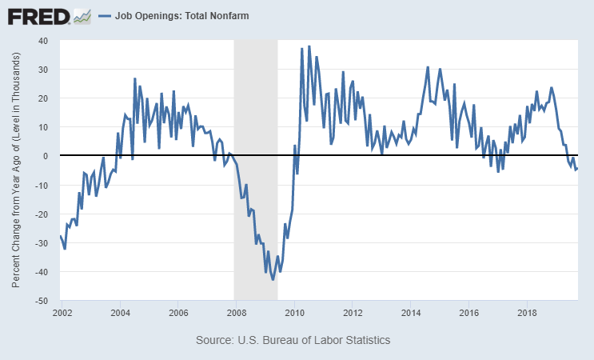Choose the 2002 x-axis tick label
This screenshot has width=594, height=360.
(62, 312)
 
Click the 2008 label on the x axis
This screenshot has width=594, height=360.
(237, 312)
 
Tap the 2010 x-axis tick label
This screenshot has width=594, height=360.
(295, 312)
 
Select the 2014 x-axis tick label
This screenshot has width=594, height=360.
(411, 312)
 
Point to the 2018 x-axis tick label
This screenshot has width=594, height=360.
(527, 312)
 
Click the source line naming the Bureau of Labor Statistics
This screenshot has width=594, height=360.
(293, 340)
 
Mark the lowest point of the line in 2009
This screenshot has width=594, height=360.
(273, 279)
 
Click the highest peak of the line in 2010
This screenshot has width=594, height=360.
(309, 46)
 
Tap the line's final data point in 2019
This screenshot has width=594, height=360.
(577, 168)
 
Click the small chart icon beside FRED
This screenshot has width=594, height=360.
(82, 15)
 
